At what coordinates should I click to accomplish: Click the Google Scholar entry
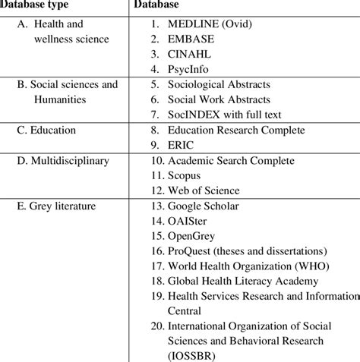click(204, 206)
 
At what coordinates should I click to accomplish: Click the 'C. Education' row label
click(46, 130)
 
